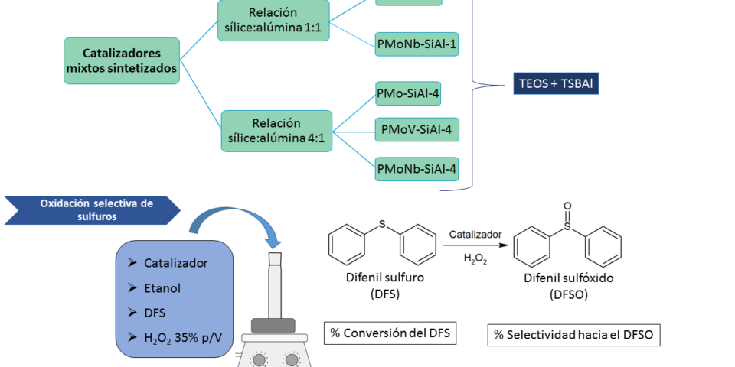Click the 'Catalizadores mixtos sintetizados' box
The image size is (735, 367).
[122, 61]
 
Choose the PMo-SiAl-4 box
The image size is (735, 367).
[408, 93]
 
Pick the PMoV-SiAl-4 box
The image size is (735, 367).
[416, 130]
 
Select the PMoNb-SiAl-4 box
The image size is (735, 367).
[416, 168]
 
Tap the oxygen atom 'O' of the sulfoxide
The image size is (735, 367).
[567, 206]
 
